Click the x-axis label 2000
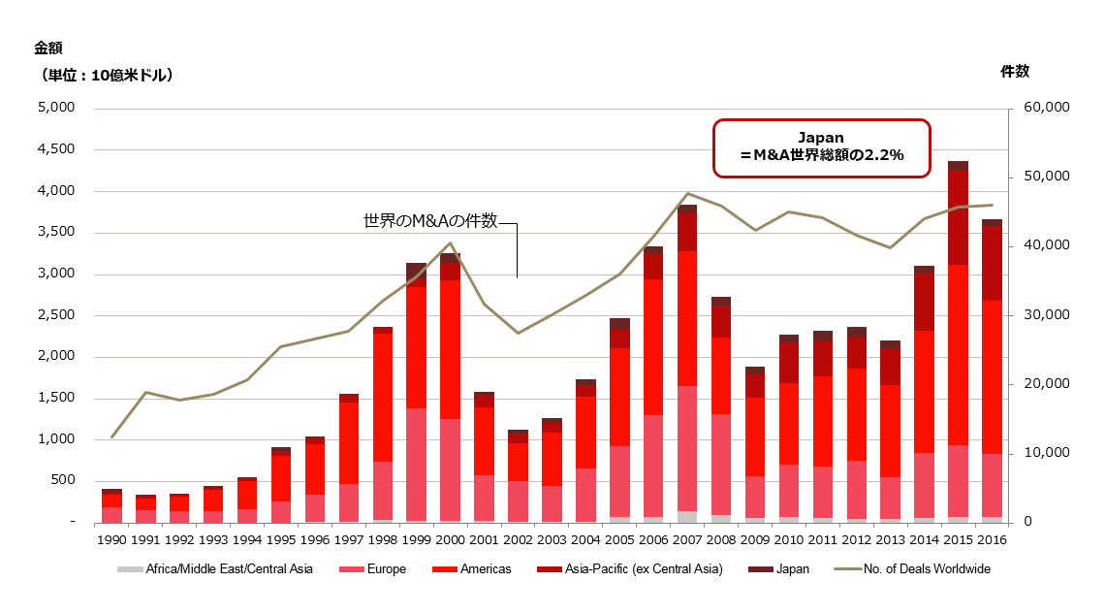[450, 540]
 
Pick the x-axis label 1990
[111, 540]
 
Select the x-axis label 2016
[992, 540]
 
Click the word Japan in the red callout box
[822, 138]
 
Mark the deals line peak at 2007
[687, 194]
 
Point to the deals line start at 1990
[111, 436]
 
